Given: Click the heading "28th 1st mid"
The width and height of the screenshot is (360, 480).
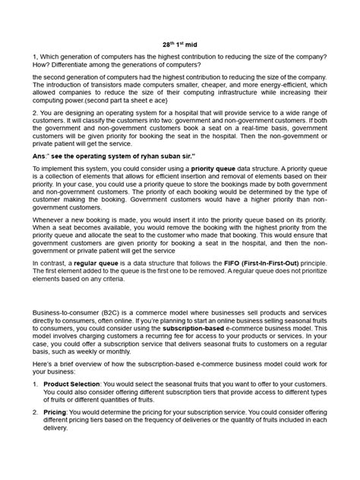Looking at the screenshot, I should [x=179, y=45].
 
